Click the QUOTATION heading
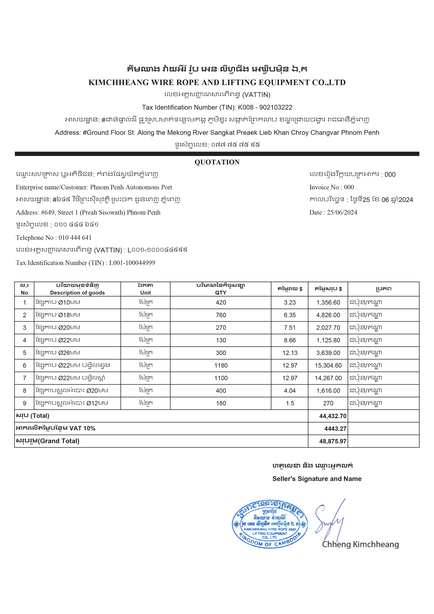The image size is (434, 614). point(217,162)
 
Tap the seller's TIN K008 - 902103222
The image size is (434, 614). point(265,107)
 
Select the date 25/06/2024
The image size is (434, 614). point(342,213)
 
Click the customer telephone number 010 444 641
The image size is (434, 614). point(75,238)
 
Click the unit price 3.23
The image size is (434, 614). point(290,302)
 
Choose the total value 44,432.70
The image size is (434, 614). point(333,416)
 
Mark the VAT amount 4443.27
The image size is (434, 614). point(335,429)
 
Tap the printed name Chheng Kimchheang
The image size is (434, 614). point(360,545)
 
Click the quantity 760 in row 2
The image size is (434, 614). point(221,315)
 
